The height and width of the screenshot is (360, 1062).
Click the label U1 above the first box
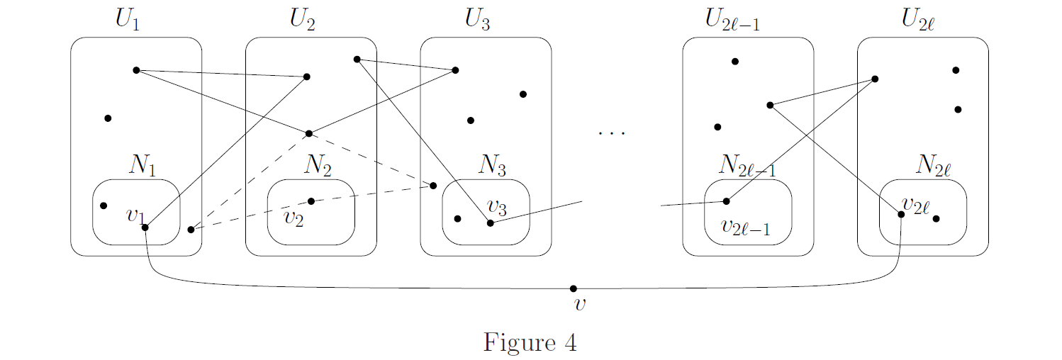tap(128, 20)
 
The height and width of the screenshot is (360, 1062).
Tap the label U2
tap(303, 20)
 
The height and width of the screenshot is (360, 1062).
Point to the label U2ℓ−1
tap(741, 20)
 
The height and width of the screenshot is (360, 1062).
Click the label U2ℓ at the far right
tap(918, 20)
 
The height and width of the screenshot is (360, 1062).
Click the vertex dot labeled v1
tap(145, 227)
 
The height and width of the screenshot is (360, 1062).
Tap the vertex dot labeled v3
tap(490, 223)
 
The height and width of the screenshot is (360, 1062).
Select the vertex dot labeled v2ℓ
tap(901, 214)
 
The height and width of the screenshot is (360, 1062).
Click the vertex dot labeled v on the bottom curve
tap(574, 288)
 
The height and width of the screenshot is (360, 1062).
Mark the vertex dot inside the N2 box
tap(311, 201)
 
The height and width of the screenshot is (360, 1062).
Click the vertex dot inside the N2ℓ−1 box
tap(726, 201)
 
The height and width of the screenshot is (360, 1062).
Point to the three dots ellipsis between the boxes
tap(610, 132)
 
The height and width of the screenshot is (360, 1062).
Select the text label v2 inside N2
tap(294, 218)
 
